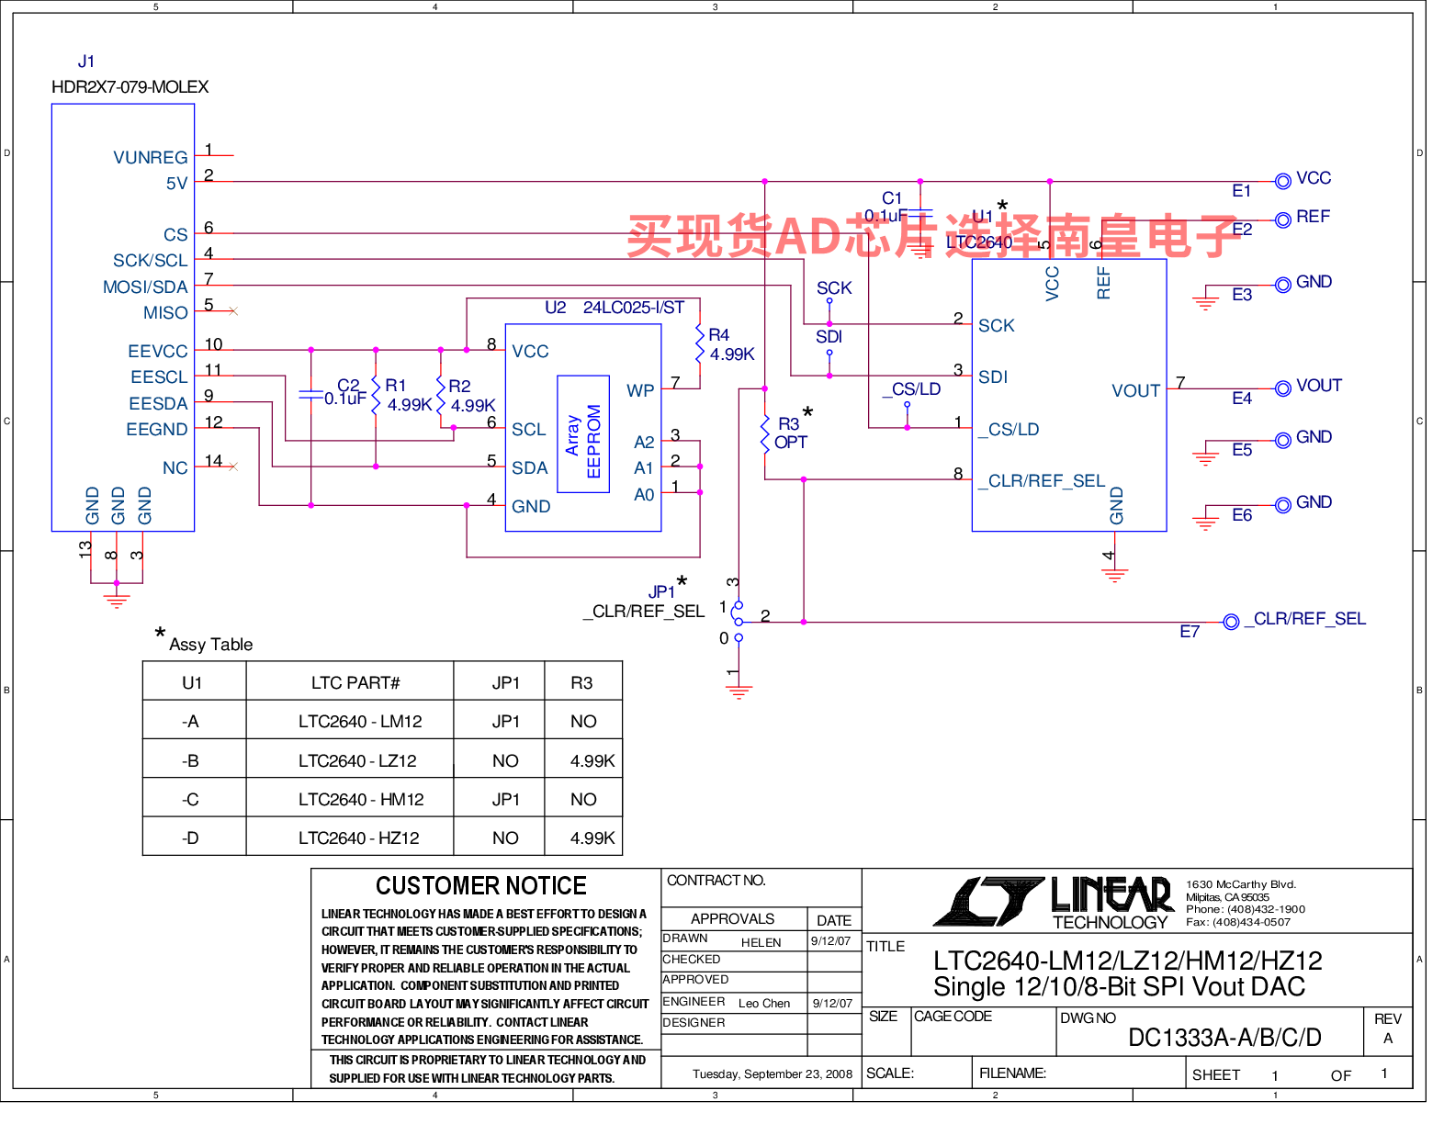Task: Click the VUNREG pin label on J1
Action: tap(150, 158)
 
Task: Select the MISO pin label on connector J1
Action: tap(165, 313)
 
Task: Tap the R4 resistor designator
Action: tap(718, 335)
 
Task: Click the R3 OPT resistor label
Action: tap(790, 433)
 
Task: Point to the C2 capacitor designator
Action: tap(348, 386)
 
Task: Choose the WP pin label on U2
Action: tap(640, 390)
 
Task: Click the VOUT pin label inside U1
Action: tap(1135, 391)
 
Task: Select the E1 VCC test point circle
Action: tap(1283, 182)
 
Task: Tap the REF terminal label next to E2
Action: tap(1313, 217)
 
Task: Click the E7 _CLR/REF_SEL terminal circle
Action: tap(1232, 623)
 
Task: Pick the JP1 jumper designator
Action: tap(661, 592)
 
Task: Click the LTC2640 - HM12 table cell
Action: tap(361, 800)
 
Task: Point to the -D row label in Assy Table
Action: tap(190, 838)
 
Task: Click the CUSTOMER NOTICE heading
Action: tap(480, 886)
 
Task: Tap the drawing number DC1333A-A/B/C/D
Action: tap(1224, 1038)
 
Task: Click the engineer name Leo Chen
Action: tap(764, 1004)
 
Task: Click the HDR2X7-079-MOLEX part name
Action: tap(130, 87)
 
